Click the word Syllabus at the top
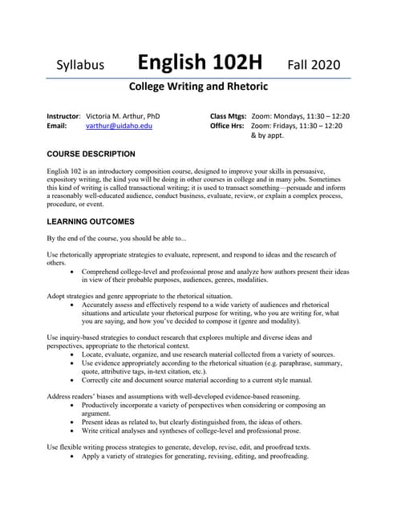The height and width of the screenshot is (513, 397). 80,65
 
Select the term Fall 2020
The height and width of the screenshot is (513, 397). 314,64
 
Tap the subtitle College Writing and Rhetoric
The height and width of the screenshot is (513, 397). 198,86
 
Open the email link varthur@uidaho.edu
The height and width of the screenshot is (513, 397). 119,126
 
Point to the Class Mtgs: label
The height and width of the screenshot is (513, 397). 228,115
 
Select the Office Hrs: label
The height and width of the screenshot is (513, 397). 228,126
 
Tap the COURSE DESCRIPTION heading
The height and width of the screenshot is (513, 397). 91,154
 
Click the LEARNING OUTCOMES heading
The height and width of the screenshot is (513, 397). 91,221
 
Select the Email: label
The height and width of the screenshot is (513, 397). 56,126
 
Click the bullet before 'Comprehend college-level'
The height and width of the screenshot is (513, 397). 74,272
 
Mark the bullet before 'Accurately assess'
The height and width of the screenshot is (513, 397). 74,305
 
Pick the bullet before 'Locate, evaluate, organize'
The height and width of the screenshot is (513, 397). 74,353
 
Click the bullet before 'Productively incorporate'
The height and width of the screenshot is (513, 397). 74,406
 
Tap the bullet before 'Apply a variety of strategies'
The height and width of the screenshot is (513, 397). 74,456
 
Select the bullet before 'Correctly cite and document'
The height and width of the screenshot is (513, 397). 74,381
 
